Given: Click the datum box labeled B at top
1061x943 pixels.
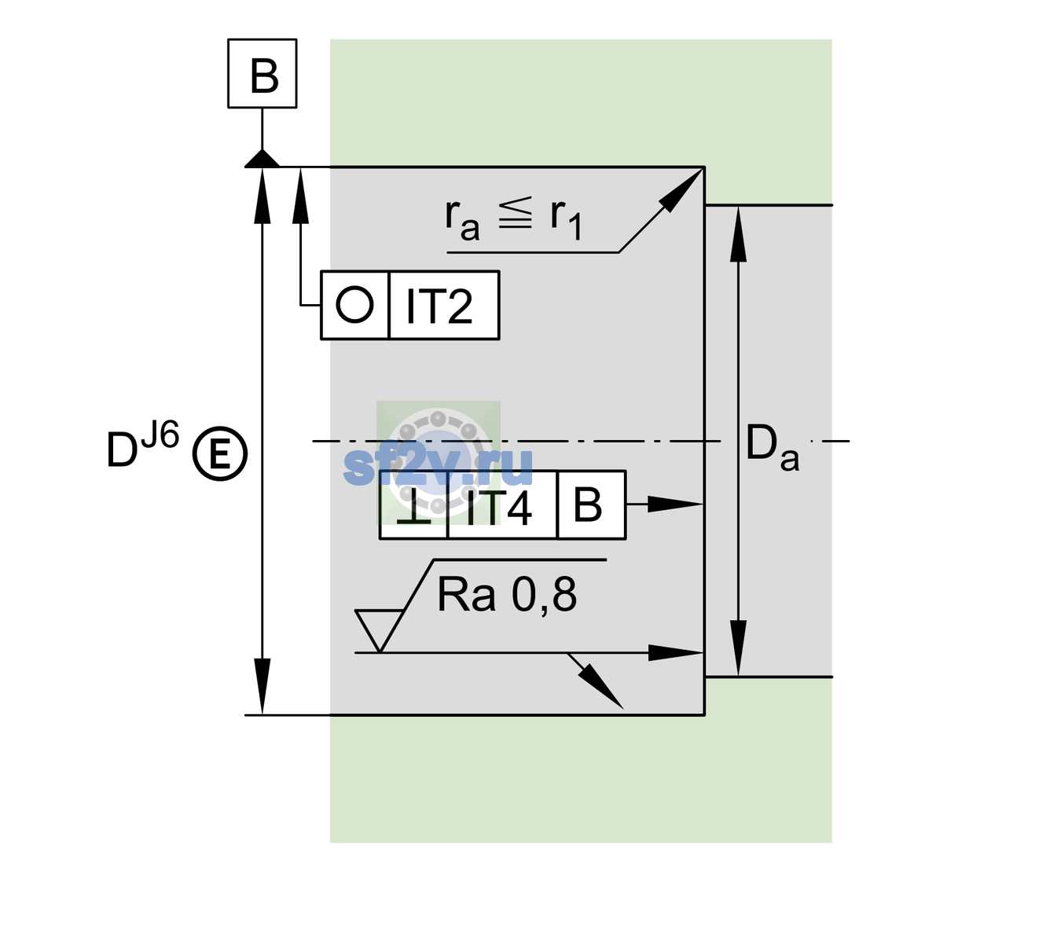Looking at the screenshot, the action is pos(262,73).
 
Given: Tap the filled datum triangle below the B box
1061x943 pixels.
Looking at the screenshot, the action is pos(262,160).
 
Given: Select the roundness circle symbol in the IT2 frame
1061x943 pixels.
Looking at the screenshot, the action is pos(354,305).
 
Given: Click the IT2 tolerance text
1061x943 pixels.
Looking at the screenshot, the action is pos(439,306).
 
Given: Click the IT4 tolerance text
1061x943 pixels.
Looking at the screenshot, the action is pos(498,507).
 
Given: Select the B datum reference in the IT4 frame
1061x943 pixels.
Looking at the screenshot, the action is pos(588,505).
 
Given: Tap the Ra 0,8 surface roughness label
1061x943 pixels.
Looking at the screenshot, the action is pos(506,595).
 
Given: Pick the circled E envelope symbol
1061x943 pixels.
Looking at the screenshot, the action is pos(220,453).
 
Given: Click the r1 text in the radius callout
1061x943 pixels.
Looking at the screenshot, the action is pos(566,218).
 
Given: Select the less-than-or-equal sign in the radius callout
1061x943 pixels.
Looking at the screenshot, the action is pos(515,213).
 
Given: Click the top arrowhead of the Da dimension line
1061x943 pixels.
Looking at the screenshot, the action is pos(739,234).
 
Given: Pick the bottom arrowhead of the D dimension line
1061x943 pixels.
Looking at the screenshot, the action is pos(262,687).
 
